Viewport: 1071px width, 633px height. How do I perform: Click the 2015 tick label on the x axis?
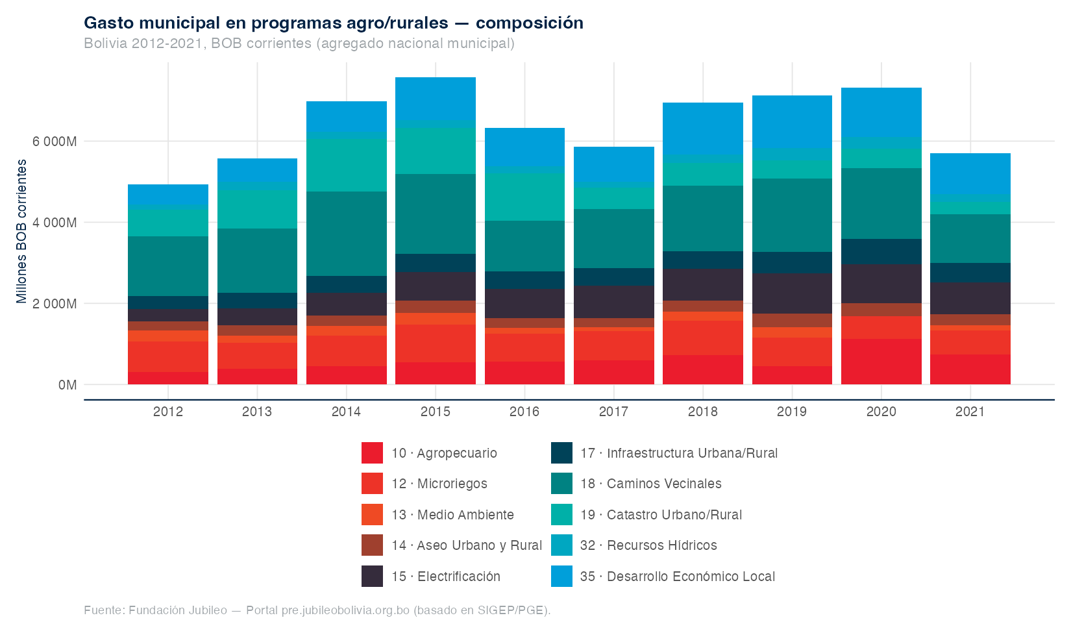coord(436,412)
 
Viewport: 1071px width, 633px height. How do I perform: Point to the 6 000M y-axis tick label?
coord(55,142)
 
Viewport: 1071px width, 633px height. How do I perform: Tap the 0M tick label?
coord(68,385)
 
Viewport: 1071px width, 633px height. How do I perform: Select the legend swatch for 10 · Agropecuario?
coord(372,453)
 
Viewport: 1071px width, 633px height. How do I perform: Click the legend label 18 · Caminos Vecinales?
coord(651,484)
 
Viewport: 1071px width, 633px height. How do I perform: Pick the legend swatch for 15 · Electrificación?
coord(372,577)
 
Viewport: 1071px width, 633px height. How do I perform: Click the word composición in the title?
coord(530,23)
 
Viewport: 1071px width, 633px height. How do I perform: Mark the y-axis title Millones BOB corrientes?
coord(23,231)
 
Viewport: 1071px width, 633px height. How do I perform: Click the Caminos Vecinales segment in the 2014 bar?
coord(347,234)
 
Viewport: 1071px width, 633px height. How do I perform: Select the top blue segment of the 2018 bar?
coord(703,129)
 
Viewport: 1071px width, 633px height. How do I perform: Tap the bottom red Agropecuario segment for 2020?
coord(881,362)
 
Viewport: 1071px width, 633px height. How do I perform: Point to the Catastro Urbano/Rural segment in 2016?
coord(524,197)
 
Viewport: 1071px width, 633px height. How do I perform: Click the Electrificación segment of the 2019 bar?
coord(792,293)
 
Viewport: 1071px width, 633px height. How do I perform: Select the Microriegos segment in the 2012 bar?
coord(168,356)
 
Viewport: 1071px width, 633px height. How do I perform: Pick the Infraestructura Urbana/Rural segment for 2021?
coord(970,273)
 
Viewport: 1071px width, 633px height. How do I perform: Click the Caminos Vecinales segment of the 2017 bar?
coord(614,238)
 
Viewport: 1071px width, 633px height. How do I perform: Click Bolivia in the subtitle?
coord(105,43)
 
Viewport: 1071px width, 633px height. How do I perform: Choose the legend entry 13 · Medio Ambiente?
coord(452,515)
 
